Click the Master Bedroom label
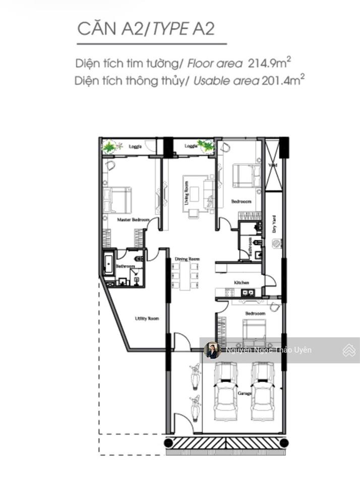click(133, 220)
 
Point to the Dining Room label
click(187, 259)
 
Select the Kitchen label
click(242, 283)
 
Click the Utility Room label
click(147, 319)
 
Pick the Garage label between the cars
click(244, 393)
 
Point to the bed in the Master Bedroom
click(117, 200)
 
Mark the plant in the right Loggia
click(206, 146)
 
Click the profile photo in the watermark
click(212, 350)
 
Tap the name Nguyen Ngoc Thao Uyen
click(268, 350)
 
